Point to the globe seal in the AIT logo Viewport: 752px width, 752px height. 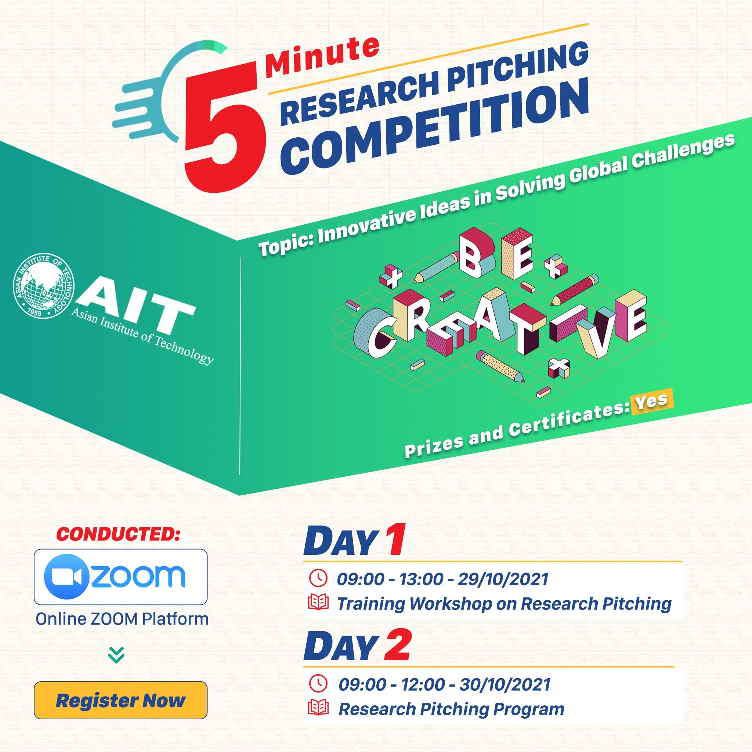click(44, 286)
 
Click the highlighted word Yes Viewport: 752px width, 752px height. click(652, 401)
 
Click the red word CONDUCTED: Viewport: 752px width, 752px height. click(118, 534)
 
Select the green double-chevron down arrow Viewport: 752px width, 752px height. click(116, 655)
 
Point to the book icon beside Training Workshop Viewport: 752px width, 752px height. click(318, 603)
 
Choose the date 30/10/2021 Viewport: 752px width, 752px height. click(505, 685)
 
